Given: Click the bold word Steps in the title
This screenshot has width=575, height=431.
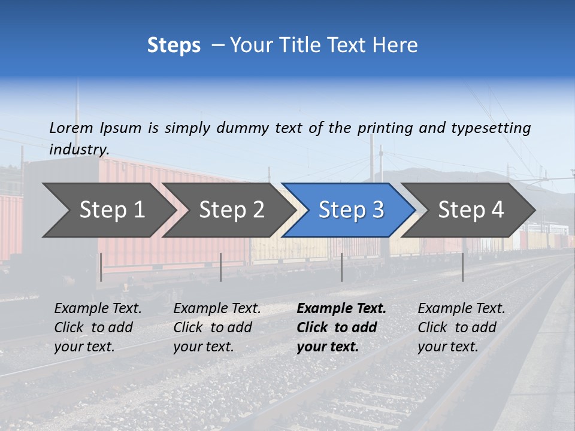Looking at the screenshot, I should [174, 45].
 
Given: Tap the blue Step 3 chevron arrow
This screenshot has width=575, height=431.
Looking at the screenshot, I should [351, 210].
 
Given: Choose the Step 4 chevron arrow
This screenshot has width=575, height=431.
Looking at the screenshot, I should [471, 210].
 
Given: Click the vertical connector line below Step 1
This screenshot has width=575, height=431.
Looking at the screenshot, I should [101, 267].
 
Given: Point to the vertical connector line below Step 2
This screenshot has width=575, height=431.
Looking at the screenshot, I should [221, 267].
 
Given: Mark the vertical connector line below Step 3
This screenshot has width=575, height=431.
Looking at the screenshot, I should [342, 267].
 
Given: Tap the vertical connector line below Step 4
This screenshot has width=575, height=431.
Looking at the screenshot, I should [462, 267].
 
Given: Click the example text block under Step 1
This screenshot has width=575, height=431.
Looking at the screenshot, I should [98, 327].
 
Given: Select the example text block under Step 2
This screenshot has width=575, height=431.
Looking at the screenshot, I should [217, 327].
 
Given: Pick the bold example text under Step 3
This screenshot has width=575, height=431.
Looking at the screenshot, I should [341, 327].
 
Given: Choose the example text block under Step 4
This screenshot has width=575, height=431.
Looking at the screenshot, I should [461, 327].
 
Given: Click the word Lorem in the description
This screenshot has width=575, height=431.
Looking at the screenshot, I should [71, 128].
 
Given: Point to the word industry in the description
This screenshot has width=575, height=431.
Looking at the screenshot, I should [79, 150].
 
